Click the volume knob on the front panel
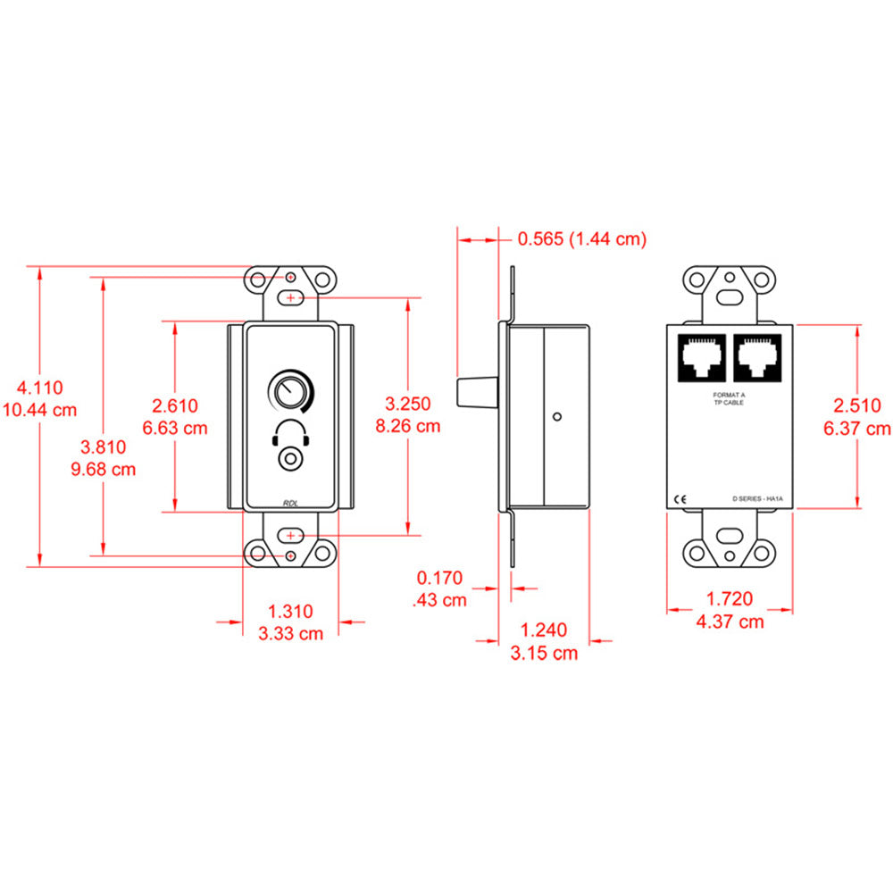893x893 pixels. tap(289, 391)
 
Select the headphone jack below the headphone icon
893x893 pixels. tap(289, 459)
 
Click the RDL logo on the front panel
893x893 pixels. tap(291, 503)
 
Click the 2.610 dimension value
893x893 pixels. tap(175, 405)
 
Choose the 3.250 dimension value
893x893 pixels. tap(408, 404)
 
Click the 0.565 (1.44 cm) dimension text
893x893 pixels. tap(581, 238)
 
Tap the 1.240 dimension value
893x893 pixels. tap(544, 630)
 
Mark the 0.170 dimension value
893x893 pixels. tap(439, 578)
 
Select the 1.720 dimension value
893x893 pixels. tap(730, 599)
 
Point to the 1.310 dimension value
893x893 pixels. tap(291, 612)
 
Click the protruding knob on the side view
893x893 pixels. tap(475, 391)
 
